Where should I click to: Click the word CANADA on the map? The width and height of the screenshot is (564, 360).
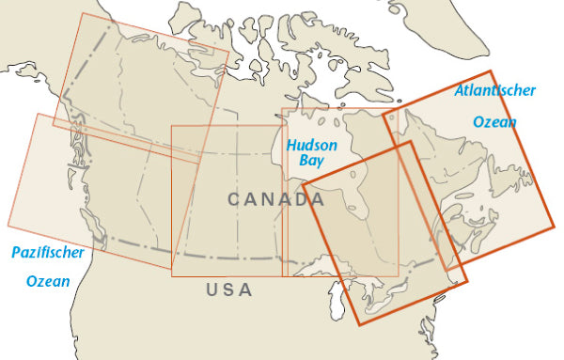(x=276, y=199)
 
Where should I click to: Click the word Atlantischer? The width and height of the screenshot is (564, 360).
(x=494, y=91)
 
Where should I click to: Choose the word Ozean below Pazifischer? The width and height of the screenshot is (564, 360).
(x=48, y=281)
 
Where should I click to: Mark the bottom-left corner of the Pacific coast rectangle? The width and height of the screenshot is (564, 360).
(x=8, y=226)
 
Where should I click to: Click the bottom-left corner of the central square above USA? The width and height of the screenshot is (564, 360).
(x=172, y=269)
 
